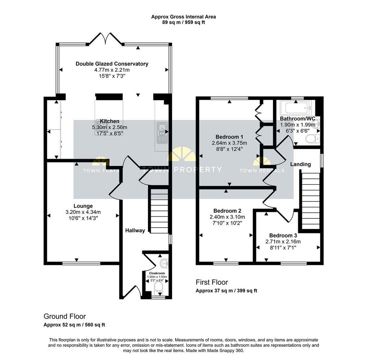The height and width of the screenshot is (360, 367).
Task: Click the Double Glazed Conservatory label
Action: (112, 64)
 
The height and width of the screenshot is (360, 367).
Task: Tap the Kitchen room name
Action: (110, 121)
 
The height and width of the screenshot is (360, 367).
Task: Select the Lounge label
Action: (83, 206)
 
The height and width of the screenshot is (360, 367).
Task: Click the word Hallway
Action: (135, 231)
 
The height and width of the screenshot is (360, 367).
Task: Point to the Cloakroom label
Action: (157, 273)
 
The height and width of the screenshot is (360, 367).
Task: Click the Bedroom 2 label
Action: (227, 210)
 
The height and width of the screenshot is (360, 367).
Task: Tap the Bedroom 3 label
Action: (283, 235)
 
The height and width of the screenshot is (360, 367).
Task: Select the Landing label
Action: (301, 164)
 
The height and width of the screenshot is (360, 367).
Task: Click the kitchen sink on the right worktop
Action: (162, 133)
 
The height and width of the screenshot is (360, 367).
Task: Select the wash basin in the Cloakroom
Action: (165, 263)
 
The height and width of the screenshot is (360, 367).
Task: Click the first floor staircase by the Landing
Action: (310, 201)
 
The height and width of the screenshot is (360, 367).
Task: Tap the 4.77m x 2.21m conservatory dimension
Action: (112, 70)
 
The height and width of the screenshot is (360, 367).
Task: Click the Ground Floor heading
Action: (65, 317)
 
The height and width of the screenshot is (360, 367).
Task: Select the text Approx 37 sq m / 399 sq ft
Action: (227, 291)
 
